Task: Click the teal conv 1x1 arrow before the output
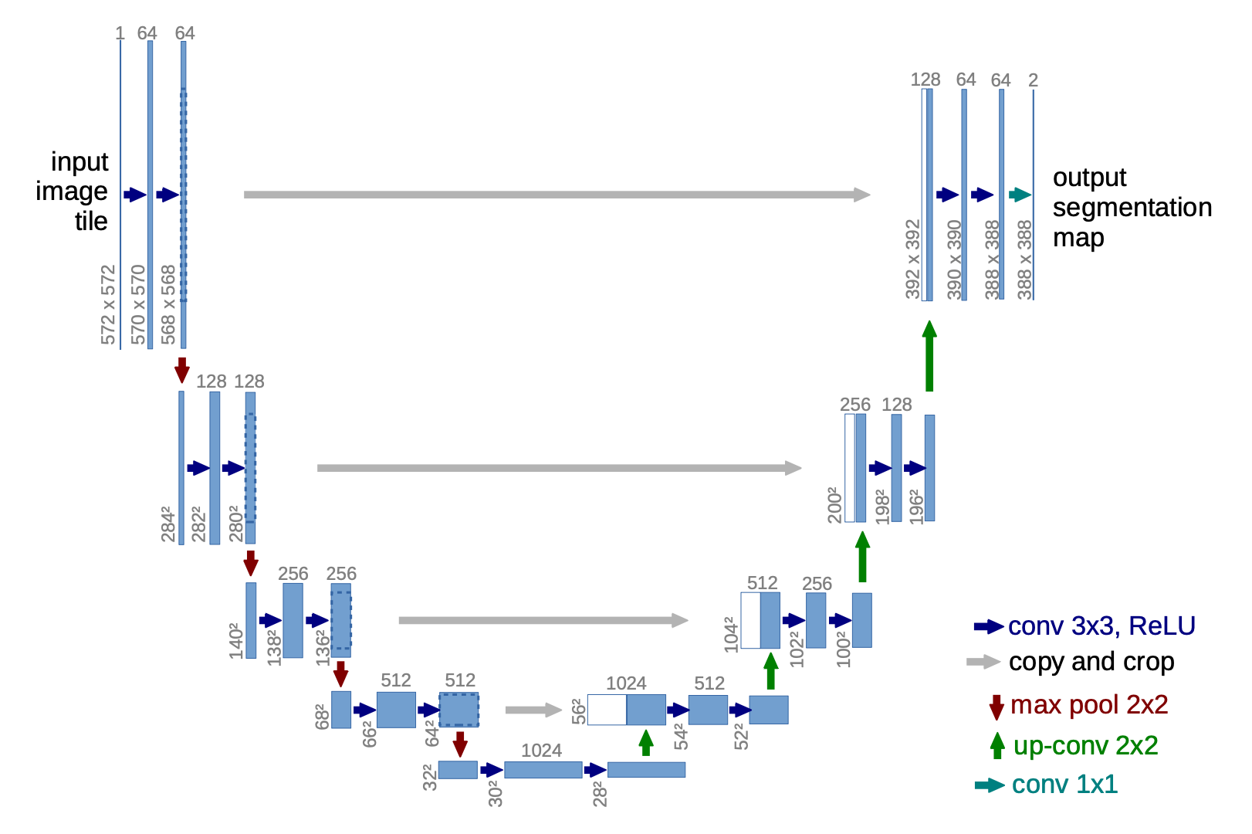(1020, 195)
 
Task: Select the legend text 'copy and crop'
(1091, 662)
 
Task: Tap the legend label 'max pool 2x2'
(1088, 704)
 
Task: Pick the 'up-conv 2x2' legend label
(1085, 745)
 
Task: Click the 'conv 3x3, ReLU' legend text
(1101, 625)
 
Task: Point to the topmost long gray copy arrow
(556, 195)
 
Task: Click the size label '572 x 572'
(108, 304)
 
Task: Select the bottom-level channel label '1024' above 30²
(541, 750)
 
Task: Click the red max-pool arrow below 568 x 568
(182, 369)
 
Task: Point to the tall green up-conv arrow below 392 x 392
(929, 356)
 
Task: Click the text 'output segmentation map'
(1131, 207)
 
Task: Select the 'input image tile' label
(73, 191)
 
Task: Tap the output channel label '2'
(1033, 80)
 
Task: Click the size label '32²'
(430, 778)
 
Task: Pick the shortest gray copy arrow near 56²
(533, 710)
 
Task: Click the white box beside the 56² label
(607, 710)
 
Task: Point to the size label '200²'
(834, 505)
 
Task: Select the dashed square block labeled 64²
(459, 710)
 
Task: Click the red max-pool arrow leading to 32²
(460, 744)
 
